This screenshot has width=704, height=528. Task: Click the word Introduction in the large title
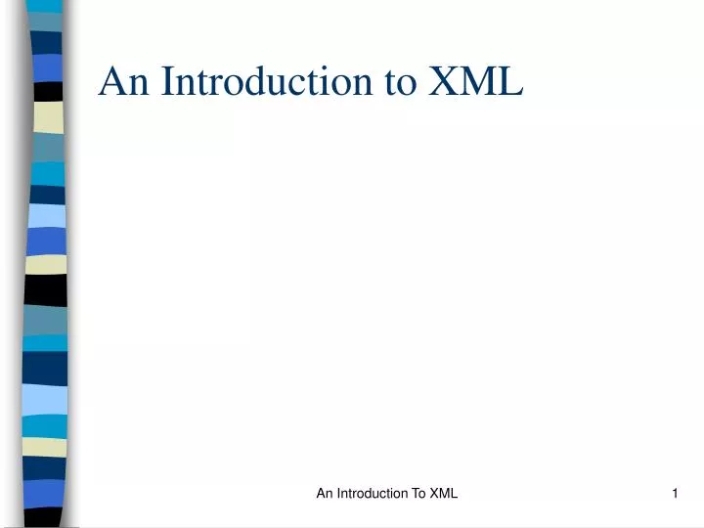[268, 82]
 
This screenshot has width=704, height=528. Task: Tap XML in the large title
[475, 82]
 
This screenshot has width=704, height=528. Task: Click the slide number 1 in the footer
[675, 494]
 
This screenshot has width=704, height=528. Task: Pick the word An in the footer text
[326, 494]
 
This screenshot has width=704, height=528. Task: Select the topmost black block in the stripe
[48, 91]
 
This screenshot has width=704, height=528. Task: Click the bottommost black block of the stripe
[44, 516]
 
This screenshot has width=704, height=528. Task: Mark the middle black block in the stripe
[46, 289]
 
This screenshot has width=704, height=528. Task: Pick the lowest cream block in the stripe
[44, 447]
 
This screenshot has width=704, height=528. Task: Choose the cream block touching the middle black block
[46, 265]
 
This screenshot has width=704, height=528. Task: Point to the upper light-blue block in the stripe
[47, 216]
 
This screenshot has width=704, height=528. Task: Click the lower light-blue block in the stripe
[45, 399]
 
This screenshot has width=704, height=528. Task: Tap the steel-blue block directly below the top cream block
[48, 148]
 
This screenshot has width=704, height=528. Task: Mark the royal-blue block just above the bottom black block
[44, 493]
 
